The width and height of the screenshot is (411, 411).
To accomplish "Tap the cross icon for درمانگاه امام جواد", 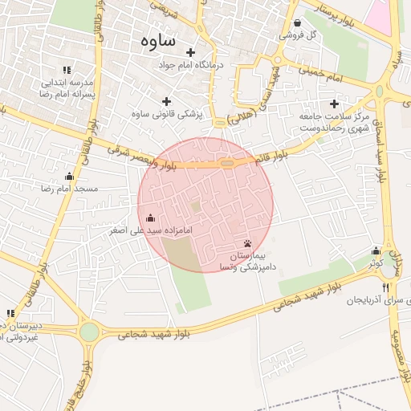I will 190,52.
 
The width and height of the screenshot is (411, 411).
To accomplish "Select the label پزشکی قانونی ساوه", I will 166,114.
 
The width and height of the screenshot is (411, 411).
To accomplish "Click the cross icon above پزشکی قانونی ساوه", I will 166,101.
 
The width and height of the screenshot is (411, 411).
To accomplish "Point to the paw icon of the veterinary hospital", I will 246,243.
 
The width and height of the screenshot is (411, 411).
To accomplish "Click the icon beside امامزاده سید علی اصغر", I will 150,218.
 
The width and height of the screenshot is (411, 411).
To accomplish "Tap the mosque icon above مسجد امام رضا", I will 69,177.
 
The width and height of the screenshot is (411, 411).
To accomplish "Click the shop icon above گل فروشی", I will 298,23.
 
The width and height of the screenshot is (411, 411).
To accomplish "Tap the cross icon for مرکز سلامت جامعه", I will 334,104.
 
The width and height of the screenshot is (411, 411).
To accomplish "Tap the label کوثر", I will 376,263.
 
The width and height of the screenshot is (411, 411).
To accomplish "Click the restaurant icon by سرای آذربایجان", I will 385,287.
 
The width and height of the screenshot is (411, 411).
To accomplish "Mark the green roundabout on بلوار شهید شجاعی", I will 89,332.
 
